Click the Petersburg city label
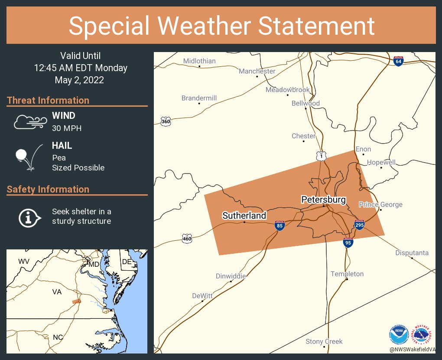click(x=323, y=200)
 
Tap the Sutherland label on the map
click(x=244, y=216)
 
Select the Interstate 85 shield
click(x=279, y=226)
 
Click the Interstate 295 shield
click(x=359, y=225)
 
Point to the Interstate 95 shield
click(x=348, y=242)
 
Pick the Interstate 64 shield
click(x=398, y=61)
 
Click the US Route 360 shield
click(x=166, y=121)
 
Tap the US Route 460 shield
click(x=187, y=238)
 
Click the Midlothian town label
click(x=199, y=61)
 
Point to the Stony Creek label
click(x=324, y=341)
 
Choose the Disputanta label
click(x=412, y=253)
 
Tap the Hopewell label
click(x=381, y=162)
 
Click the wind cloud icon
click(x=29, y=122)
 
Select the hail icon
click(x=29, y=157)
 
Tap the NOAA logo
click(x=399, y=335)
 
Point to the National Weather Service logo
click(x=423, y=335)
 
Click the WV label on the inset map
click(x=23, y=262)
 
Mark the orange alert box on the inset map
click(x=76, y=301)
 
